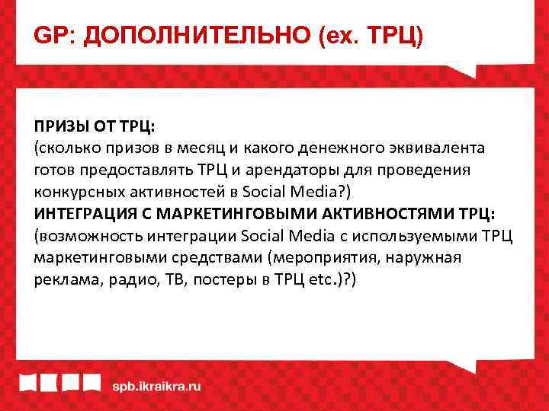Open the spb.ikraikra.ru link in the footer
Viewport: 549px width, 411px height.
[x=157, y=386]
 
